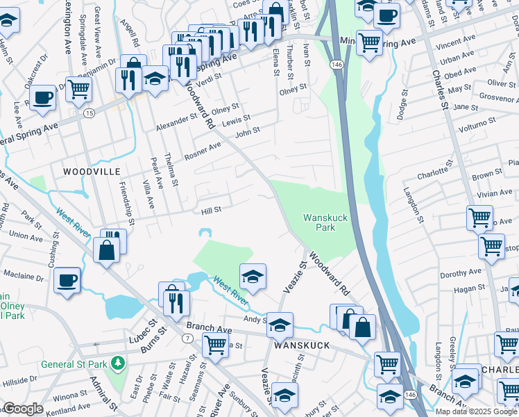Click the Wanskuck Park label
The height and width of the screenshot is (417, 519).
coord(325,222)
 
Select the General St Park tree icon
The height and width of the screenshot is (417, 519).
coord(119,363)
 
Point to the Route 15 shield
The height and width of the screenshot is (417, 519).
coord(88,112)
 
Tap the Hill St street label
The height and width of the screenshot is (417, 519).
coord(210,209)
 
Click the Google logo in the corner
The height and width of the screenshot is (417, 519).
coord(23,409)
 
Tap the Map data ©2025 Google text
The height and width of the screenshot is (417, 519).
coord(476,411)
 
